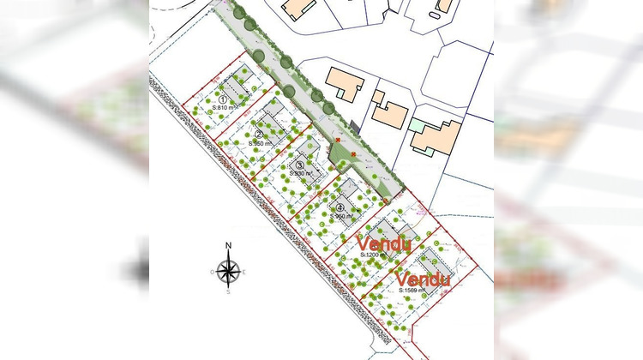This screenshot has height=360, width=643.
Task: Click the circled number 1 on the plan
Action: point(222,101)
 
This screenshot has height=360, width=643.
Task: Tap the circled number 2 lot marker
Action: point(257,133)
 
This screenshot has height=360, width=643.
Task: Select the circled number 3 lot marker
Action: point(299,165)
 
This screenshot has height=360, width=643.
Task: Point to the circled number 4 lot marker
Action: point(340,207)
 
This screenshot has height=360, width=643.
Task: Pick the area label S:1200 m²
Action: point(376,255)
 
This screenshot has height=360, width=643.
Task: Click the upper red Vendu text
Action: point(384,243)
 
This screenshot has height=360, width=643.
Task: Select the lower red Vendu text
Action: point(424,279)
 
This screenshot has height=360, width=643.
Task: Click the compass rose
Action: point(228,272)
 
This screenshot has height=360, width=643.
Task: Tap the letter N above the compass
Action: point(228,247)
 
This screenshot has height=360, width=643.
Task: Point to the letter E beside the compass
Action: point(244,273)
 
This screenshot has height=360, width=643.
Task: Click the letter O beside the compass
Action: point(212,273)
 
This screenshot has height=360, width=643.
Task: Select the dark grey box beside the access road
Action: point(354,127)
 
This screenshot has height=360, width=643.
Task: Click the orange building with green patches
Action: point(436,136)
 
